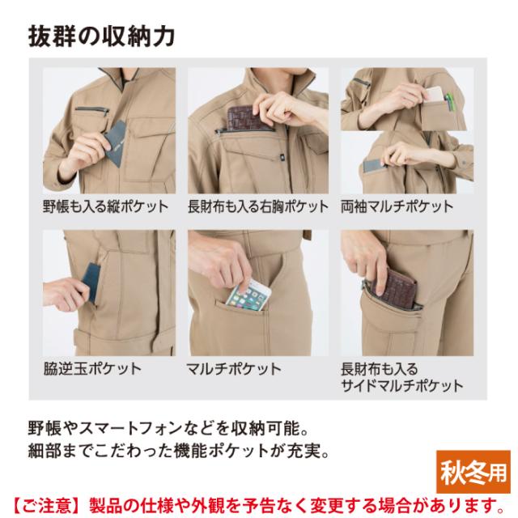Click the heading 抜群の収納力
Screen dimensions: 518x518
coord(101,36)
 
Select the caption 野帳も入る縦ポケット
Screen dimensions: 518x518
coord(106,207)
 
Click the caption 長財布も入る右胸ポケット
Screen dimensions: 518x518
coord(258,207)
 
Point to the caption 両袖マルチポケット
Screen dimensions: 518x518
coord(397,207)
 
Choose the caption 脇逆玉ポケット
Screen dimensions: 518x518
coord(92,369)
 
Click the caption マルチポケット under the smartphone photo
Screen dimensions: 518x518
coord(234,369)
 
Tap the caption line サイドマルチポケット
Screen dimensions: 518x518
coord(401,385)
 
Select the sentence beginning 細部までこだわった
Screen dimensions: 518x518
coord(179,451)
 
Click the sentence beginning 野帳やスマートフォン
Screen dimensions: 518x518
coord(168,428)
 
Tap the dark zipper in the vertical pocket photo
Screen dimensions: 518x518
coord(91,110)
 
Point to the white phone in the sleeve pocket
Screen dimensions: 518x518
coord(433,94)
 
